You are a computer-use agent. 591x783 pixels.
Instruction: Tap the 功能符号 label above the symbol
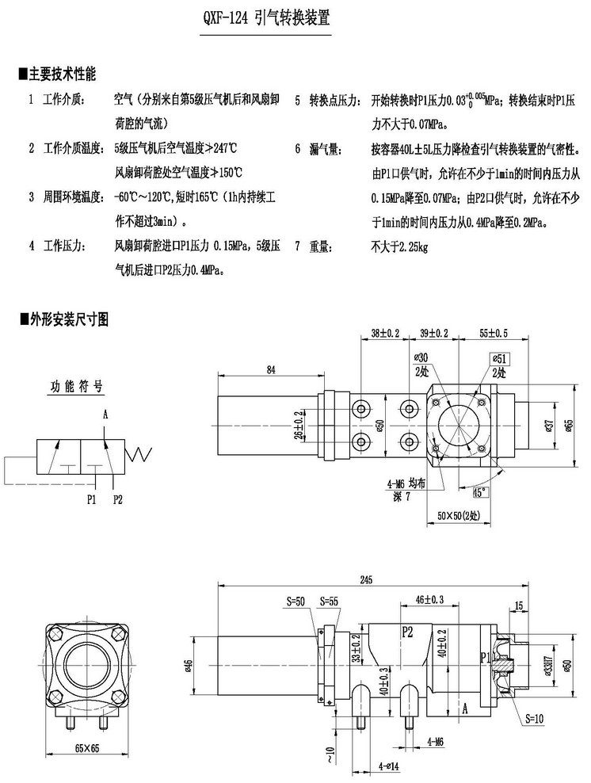[x=77, y=388]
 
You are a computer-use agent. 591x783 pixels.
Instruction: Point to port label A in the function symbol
[x=105, y=414]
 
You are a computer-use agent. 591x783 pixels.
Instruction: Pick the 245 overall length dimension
[x=365, y=580]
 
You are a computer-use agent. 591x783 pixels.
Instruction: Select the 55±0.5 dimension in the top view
[x=493, y=332]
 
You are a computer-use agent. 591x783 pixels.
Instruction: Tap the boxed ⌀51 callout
[x=500, y=357]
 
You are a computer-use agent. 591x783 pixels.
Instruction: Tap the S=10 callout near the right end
[x=536, y=720]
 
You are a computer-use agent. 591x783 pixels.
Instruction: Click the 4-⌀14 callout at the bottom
[x=391, y=766]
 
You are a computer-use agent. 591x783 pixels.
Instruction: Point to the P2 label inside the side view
[x=408, y=632]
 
